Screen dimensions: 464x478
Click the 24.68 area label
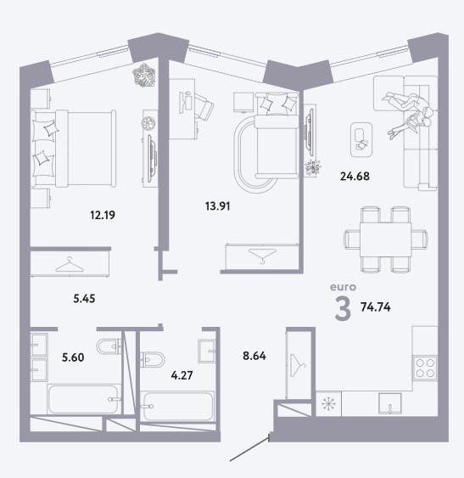(x=355, y=177)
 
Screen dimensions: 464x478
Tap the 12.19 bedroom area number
(x=103, y=215)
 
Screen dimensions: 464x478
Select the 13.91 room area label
(x=217, y=206)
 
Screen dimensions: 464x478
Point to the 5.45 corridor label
(x=84, y=299)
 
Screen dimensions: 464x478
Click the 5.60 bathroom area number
(x=73, y=357)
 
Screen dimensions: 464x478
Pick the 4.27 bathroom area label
(x=182, y=375)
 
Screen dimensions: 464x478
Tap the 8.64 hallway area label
(x=254, y=356)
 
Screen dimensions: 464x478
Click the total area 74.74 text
(x=375, y=307)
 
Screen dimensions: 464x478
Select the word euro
(x=343, y=287)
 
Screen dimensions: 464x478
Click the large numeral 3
(x=343, y=308)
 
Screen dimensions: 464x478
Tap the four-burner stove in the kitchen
(x=425, y=368)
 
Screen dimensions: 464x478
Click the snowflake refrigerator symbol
(x=328, y=404)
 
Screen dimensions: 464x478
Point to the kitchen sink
(x=390, y=403)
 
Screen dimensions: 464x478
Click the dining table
(x=385, y=239)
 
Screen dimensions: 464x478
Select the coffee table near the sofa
(x=361, y=139)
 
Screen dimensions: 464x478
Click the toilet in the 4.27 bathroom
(x=153, y=359)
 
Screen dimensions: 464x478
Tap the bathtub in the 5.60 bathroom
(x=83, y=399)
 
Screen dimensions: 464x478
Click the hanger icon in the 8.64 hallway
(x=298, y=366)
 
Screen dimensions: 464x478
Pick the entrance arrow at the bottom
(x=249, y=447)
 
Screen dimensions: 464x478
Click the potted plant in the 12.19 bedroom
(x=144, y=75)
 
